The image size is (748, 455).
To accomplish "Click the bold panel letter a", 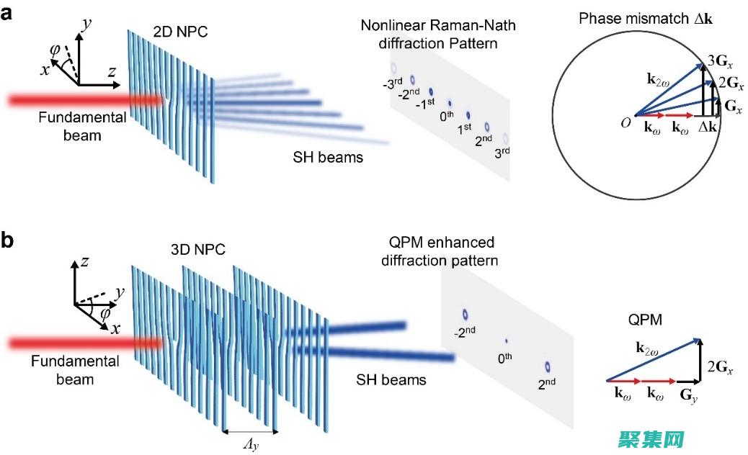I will [x=9, y=14].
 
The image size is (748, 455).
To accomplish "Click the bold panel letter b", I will [x=9, y=240].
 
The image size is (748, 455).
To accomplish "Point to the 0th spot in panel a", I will [x=450, y=104].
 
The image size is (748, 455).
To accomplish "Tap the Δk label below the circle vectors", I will [x=708, y=127].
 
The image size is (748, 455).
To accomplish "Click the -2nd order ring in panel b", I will [x=466, y=314].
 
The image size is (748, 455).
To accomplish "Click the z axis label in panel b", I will [x=84, y=262].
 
